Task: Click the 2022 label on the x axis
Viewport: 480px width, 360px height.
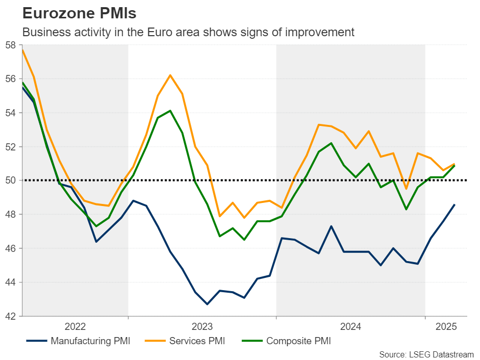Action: [75, 326]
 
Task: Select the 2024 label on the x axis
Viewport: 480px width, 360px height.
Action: [351, 326]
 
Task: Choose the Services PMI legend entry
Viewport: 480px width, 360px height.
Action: [185, 341]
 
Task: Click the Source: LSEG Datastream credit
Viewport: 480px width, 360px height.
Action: [426, 354]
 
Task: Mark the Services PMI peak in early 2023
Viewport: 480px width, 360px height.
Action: [170, 75]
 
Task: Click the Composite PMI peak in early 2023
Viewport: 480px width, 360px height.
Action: [170, 111]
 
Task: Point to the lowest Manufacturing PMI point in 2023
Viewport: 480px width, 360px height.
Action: [207, 304]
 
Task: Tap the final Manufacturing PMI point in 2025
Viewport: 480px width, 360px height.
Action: [454, 205]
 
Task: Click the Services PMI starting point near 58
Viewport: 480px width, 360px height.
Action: [23, 49]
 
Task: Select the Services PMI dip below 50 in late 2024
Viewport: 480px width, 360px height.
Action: [406, 189]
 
